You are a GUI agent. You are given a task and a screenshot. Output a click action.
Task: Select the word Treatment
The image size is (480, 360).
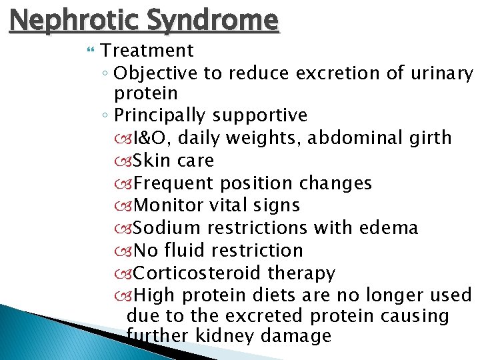(x=148, y=51)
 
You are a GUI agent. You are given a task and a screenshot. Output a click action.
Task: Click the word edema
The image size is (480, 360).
(x=389, y=228)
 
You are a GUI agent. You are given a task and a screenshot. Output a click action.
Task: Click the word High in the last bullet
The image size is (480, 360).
(x=155, y=295)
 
